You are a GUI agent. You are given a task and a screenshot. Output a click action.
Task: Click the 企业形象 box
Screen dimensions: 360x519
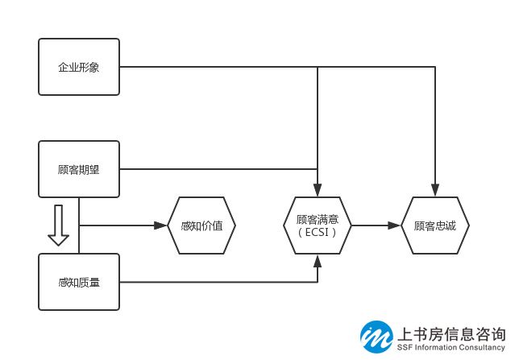[79, 67]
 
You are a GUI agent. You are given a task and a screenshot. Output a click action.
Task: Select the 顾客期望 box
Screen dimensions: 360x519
[79, 169]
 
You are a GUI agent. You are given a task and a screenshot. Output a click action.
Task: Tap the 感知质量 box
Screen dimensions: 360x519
[79, 282]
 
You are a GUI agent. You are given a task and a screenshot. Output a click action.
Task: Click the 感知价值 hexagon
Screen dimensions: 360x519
[201, 226]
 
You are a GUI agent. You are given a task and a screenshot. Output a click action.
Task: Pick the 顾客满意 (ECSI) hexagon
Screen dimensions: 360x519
[318, 226]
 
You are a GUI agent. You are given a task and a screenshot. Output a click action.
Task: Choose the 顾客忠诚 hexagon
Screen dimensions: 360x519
[434, 226]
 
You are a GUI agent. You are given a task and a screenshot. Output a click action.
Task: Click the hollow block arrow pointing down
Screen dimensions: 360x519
[58, 226]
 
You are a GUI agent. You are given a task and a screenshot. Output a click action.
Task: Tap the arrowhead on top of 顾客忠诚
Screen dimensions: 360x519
[434, 191]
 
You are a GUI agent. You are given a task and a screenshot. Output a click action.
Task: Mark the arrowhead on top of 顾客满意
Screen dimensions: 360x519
[318, 191]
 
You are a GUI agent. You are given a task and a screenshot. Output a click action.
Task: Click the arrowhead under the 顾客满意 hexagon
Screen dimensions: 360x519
[318, 259]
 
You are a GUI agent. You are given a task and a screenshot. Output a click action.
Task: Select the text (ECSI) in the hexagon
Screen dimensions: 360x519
[318, 232]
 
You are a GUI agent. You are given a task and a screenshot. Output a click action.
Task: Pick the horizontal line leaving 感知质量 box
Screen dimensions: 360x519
[218, 282]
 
